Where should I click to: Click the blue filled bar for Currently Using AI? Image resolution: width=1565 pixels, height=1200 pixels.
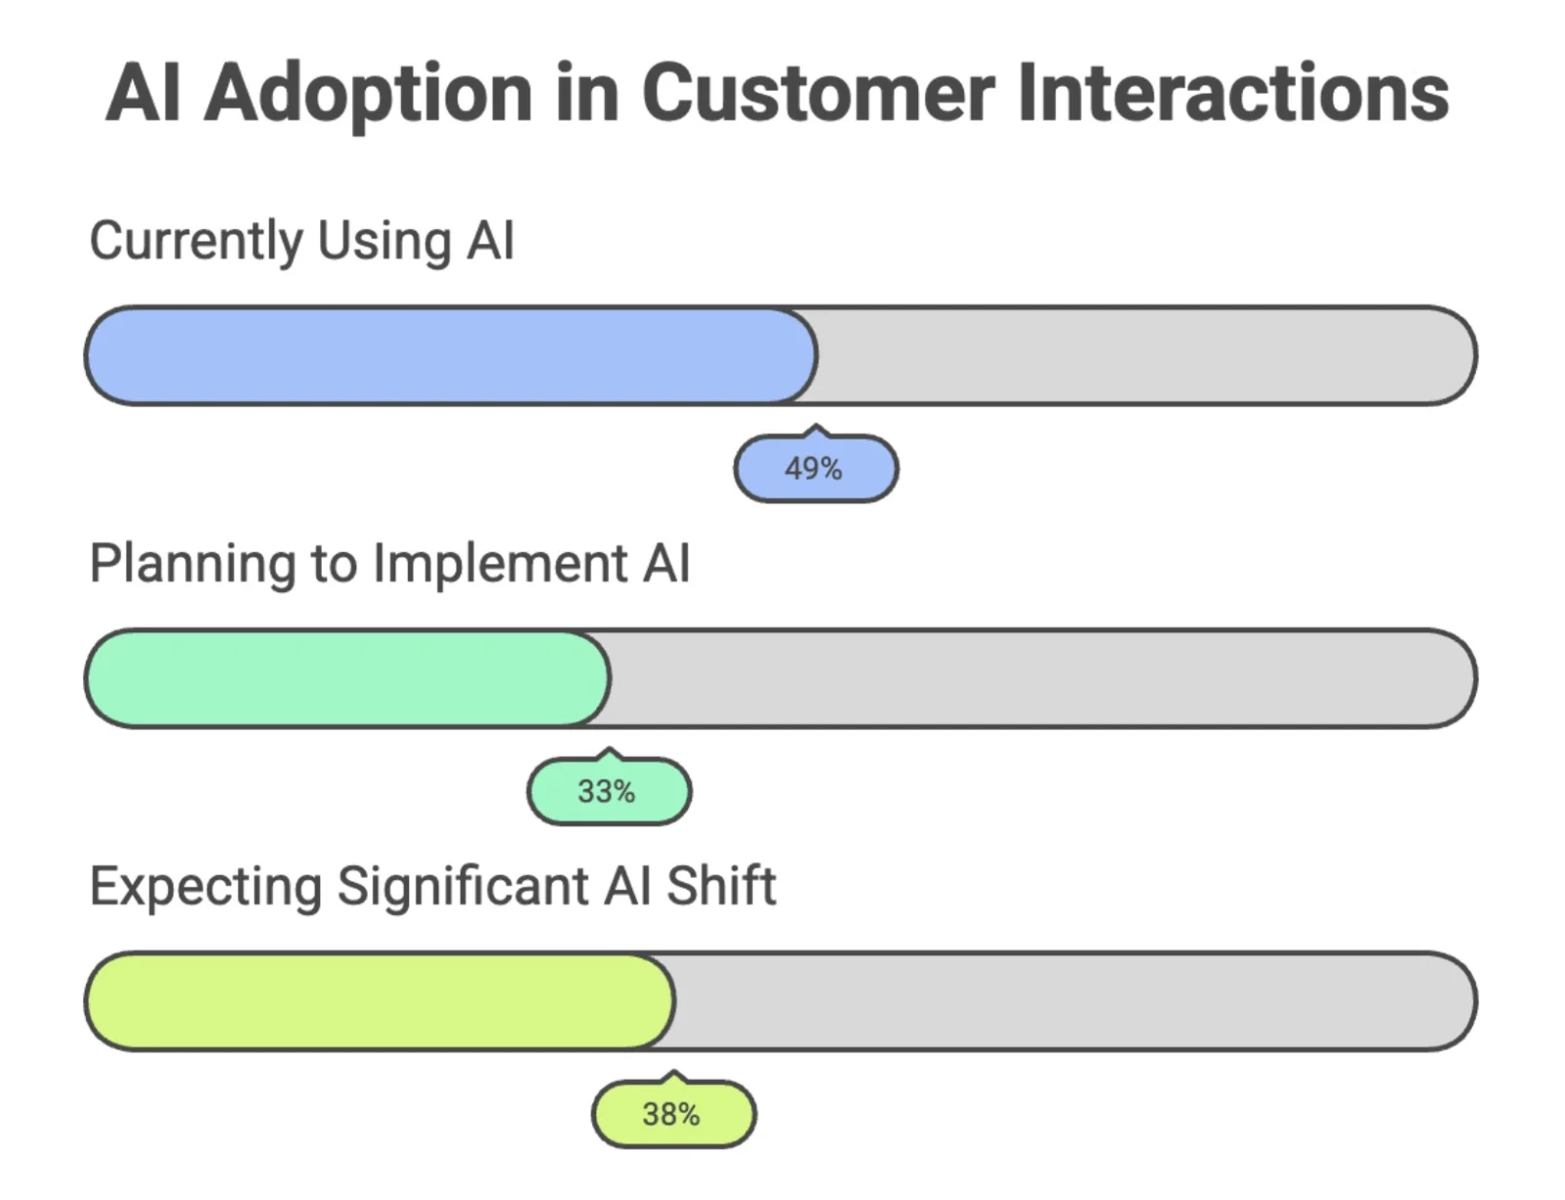tap(449, 356)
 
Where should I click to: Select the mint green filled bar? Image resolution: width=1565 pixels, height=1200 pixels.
tap(346, 679)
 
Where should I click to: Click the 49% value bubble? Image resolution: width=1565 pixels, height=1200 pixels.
tap(815, 469)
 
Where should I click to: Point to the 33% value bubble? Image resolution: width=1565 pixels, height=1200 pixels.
tap(608, 791)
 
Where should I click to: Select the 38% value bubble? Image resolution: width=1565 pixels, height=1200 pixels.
tap(673, 1114)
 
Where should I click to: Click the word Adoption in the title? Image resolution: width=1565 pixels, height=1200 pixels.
tap(368, 95)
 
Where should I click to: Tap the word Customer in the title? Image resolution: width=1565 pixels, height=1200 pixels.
tap(818, 95)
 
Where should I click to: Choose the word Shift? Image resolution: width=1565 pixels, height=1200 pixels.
tap(721, 887)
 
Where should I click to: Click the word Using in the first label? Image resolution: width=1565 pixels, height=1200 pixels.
tap(384, 241)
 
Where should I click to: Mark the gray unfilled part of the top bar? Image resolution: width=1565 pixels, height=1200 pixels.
tap(1142, 356)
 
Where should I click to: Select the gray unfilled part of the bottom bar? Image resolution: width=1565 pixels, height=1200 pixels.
tap(1073, 1002)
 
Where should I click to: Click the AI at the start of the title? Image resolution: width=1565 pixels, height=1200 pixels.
tap(143, 95)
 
